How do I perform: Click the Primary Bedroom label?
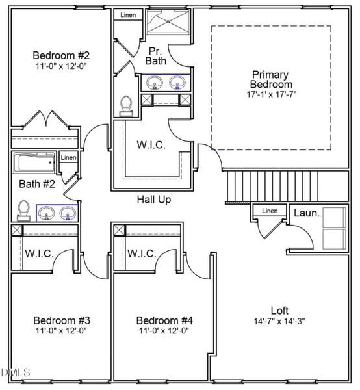click(271, 79)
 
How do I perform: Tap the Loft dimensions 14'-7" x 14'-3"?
click(279, 321)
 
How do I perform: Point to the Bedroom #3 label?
click(61, 320)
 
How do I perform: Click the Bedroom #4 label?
click(164, 320)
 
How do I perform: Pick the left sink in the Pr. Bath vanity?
click(155, 83)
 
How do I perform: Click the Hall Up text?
click(154, 200)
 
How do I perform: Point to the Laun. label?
click(305, 213)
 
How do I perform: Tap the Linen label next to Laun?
click(269, 211)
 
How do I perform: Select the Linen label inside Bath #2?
click(68, 158)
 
